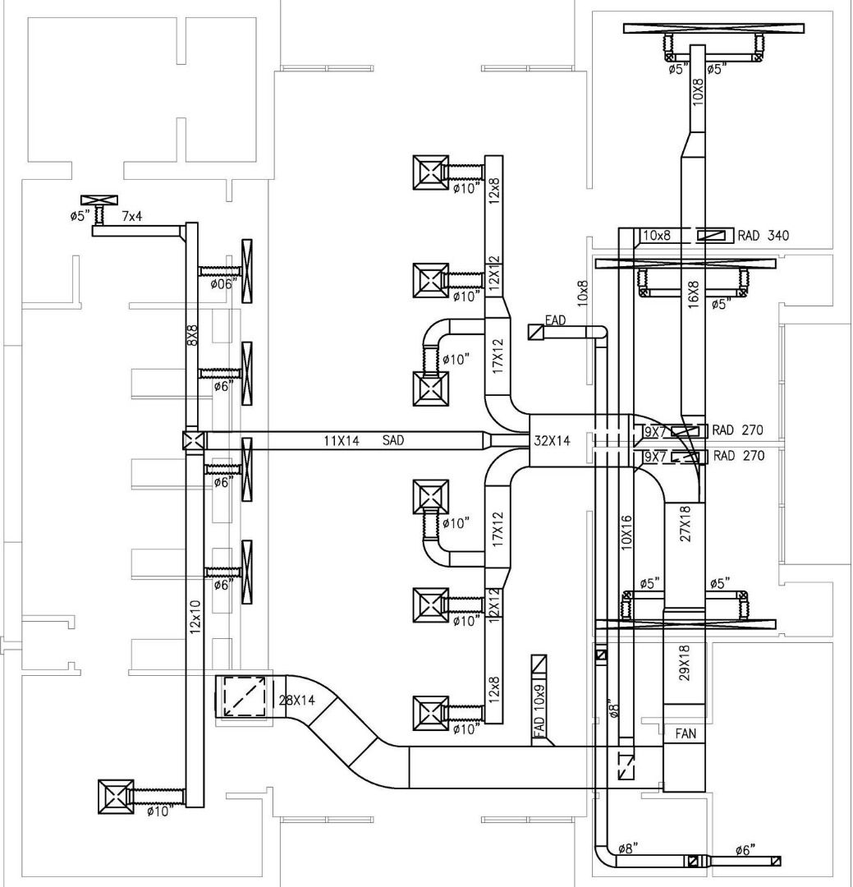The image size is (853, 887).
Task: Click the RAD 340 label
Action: tap(763, 236)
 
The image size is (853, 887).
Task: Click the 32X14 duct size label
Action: tap(552, 441)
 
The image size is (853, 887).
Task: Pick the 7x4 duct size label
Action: tap(132, 217)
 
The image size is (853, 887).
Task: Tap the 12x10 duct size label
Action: tap(195, 616)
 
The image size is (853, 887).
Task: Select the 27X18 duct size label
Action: tap(686, 523)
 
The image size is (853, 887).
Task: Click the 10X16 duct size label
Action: tap(627, 531)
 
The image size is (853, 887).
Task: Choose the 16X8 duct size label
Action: tap(693, 294)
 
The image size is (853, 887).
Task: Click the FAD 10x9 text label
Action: tap(539, 711)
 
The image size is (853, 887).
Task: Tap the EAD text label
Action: tap(556, 319)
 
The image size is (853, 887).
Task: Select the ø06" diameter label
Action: tap(223, 284)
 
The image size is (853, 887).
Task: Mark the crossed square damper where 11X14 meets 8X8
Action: tap(193, 441)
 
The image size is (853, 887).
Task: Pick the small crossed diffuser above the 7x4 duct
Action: tap(99, 200)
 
